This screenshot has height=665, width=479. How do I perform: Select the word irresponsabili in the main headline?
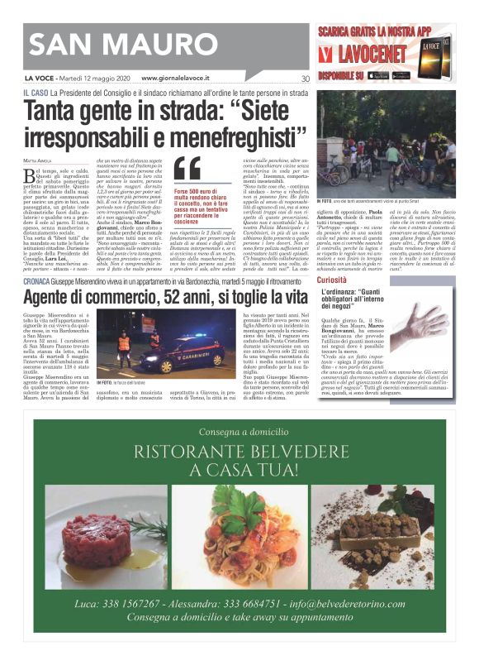pos(104,132)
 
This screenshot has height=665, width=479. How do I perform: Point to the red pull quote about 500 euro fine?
pos(198,206)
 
